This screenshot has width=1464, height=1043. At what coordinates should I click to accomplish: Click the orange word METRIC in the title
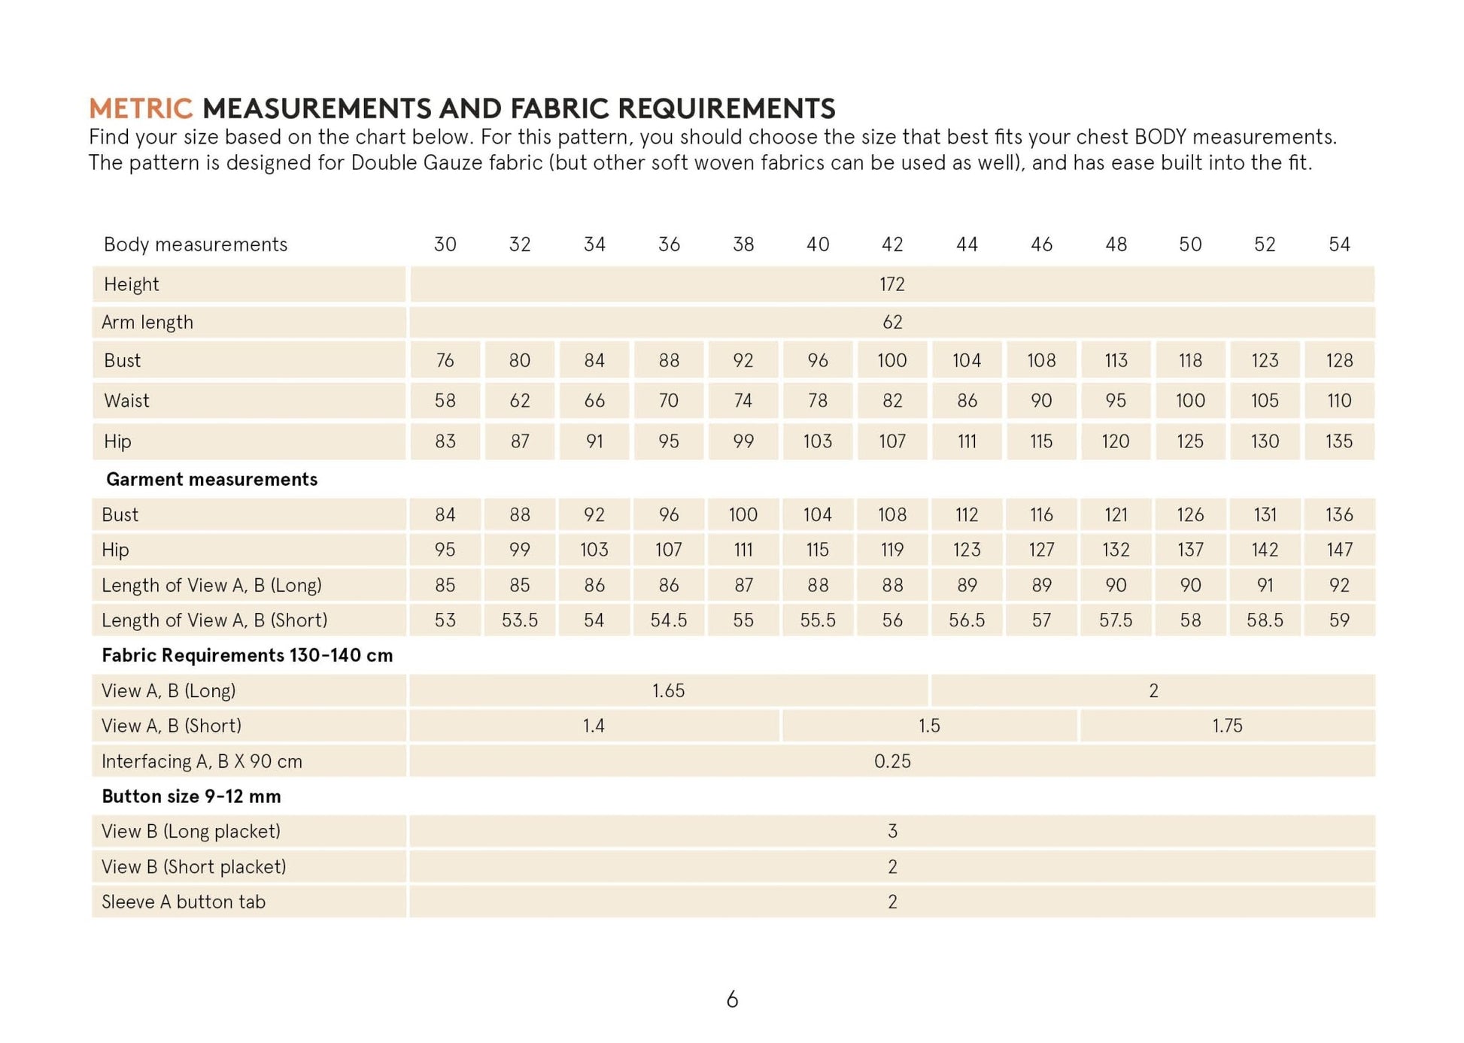click(x=141, y=109)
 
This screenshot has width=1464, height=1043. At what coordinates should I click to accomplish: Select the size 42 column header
click(x=892, y=244)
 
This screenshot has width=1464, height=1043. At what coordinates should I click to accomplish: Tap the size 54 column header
click(x=1339, y=244)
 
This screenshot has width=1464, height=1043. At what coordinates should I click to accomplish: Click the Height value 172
click(x=892, y=284)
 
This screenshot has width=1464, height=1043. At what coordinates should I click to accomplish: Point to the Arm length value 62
click(x=892, y=323)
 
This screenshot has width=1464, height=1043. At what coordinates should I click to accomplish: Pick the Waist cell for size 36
click(x=669, y=401)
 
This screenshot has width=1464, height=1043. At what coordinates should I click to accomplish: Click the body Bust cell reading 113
click(x=1116, y=361)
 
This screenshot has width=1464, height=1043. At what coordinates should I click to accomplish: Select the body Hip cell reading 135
click(x=1339, y=441)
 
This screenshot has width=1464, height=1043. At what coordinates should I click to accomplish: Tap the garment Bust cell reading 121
click(x=1116, y=515)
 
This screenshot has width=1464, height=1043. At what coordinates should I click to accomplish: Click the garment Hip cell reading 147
click(x=1339, y=550)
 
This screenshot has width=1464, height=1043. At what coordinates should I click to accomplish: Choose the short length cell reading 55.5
click(x=818, y=620)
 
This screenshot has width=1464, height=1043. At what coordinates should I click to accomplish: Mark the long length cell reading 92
click(x=1339, y=585)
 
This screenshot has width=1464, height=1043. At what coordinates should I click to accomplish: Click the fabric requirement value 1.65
click(x=668, y=691)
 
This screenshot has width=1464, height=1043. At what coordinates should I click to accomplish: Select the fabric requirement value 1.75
click(x=1227, y=726)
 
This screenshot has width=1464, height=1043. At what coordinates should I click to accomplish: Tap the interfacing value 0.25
click(x=892, y=762)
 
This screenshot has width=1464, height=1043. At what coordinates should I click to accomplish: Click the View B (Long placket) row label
click(x=191, y=832)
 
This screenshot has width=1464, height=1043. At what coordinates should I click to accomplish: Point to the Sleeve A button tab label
click(x=184, y=902)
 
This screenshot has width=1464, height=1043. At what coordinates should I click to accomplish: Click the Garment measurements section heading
click(x=211, y=480)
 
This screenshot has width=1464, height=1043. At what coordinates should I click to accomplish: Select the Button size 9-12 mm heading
click(x=191, y=797)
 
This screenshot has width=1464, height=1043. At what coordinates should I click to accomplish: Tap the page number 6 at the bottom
click(x=732, y=1000)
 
